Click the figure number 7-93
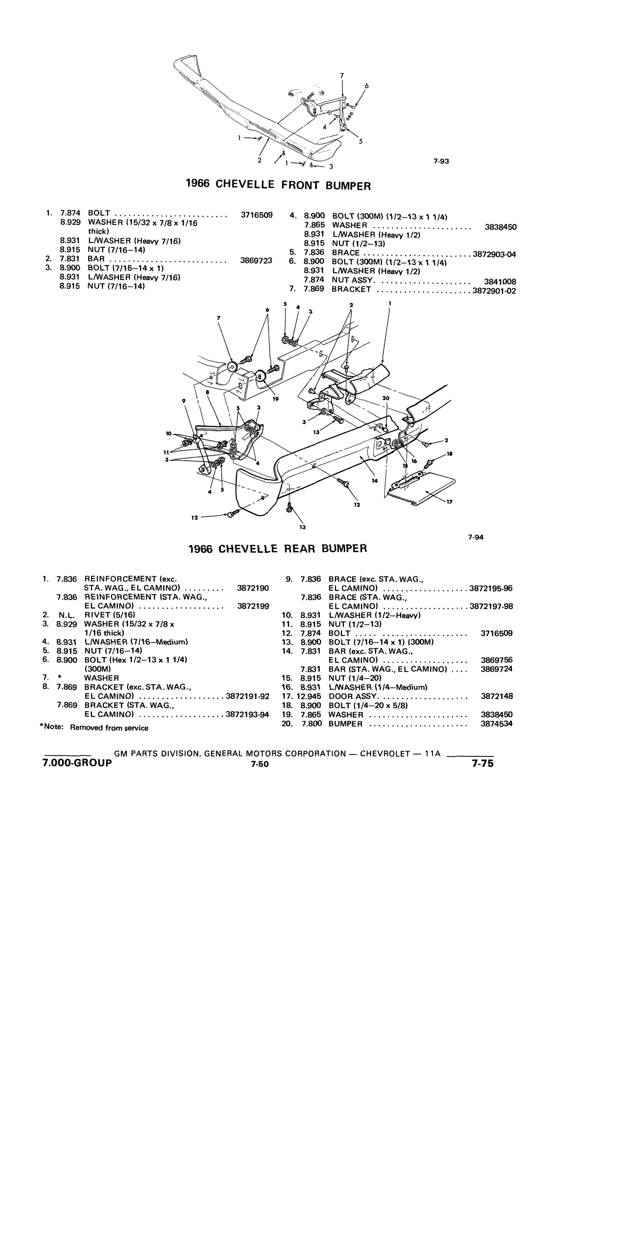[441, 162]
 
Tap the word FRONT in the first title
[301, 185]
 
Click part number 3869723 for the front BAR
[256, 261]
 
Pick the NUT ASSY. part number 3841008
[501, 282]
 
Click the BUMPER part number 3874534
[497, 724]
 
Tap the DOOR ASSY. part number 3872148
[497, 696]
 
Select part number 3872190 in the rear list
[253, 588]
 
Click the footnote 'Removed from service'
[109, 728]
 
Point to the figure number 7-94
[476, 538]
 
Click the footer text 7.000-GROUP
[77, 763]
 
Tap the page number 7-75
[483, 764]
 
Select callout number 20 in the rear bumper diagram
[386, 398]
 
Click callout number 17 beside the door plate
[450, 502]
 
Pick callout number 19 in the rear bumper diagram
[276, 399]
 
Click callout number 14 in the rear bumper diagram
[375, 481]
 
